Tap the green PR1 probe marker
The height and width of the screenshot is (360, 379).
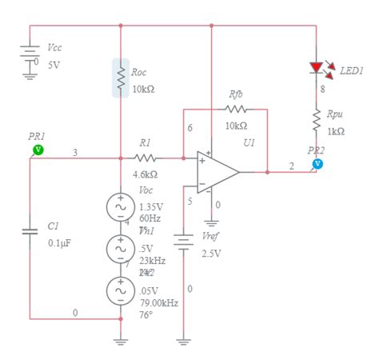click(x=38, y=150)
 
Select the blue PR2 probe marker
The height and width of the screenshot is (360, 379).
click(x=317, y=163)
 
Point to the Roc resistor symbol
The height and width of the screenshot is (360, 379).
click(x=121, y=78)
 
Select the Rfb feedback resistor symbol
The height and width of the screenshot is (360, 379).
click(x=236, y=108)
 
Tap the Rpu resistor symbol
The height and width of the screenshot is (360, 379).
click(x=317, y=118)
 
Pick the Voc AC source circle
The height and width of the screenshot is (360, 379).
click(x=121, y=206)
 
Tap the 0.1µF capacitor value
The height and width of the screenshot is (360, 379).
click(x=62, y=242)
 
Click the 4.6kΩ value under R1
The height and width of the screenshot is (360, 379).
click(x=145, y=174)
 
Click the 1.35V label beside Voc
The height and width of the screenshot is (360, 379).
click(x=151, y=206)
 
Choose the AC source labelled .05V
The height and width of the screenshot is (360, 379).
click(x=121, y=291)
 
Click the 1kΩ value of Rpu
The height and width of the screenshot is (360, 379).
click(x=337, y=131)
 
